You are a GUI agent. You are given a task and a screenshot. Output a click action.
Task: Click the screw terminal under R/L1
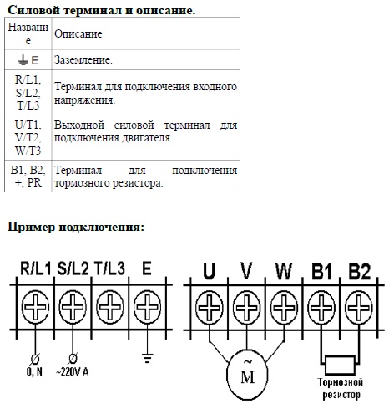pyautogui.click(x=35, y=307)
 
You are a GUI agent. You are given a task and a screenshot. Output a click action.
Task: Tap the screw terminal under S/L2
pyautogui.click(x=73, y=307)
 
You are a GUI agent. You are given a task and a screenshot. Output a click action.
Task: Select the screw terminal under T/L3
pyautogui.click(x=110, y=307)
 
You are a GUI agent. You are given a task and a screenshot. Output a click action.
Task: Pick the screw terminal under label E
pyautogui.click(x=147, y=307)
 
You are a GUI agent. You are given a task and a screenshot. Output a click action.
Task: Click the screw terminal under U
pyautogui.click(x=210, y=308)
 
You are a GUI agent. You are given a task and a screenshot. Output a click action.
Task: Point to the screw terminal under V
pyautogui.click(x=246, y=308)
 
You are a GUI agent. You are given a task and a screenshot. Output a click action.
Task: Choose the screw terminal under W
pyautogui.click(x=284, y=308)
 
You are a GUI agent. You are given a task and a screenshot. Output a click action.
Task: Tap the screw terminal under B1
pyautogui.click(x=321, y=308)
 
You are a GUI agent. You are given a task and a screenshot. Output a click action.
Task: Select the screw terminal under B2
pyautogui.click(x=359, y=308)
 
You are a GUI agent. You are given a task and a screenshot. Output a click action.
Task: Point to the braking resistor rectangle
pyautogui.click(x=340, y=365)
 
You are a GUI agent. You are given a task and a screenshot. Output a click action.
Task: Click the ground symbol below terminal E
pyautogui.click(x=147, y=358)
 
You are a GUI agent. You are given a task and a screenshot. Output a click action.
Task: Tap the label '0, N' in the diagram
pyautogui.click(x=34, y=371)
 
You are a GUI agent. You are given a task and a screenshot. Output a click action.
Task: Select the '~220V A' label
pyautogui.click(x=73, y=371)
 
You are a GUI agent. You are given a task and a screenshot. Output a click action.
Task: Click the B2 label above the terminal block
pyautogui.click(x=360, y=271)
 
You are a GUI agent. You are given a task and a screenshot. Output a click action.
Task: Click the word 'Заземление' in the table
pyautogui.click(x=83, y=59)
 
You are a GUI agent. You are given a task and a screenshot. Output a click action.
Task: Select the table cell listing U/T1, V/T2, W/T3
pyautogui.click(x=28, y=137)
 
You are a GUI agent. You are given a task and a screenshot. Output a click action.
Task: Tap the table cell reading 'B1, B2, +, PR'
pyautogui.click(x=28, y=176)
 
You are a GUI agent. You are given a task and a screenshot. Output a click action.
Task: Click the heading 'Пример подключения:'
pyautogui.click(x=76, y=228)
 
